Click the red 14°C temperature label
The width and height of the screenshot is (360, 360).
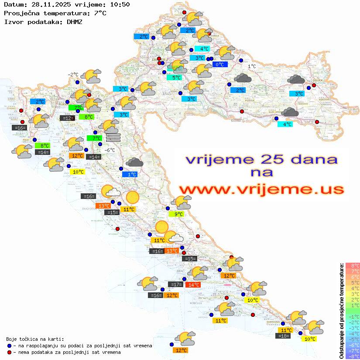point(193,285)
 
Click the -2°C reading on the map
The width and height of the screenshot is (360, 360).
point(72,75)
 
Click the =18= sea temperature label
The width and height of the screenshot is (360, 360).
point(283,336)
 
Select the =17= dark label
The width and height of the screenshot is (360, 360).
point(175,285)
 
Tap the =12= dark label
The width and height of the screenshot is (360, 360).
point(67,118)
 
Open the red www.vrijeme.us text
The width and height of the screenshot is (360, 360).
point(261,189)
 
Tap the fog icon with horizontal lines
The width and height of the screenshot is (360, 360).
point(113,137)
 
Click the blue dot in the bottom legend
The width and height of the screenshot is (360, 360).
point(9,346)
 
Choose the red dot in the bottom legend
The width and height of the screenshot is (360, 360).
point(9,352)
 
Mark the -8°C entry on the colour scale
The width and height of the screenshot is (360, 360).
point(352,356)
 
